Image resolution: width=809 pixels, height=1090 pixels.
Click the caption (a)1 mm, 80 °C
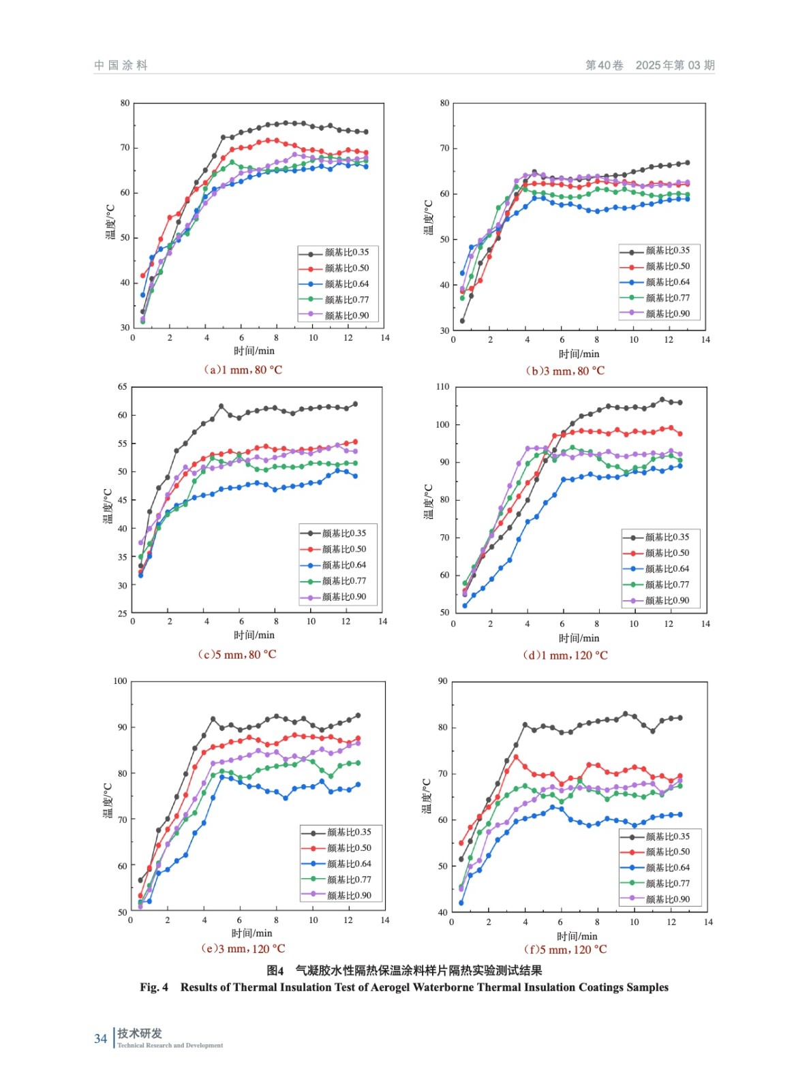click(x=243, y=370)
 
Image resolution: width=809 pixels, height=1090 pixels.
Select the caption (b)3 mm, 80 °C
click(x=565, y=371)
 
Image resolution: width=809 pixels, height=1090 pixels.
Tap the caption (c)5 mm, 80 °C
click(x=237, y=654)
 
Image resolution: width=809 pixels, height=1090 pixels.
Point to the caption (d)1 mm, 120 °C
click(x=565, y=655)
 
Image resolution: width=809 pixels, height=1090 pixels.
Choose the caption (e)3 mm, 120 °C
click(x=243, y=948)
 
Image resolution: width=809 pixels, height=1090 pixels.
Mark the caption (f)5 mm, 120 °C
click(x=565, y=949)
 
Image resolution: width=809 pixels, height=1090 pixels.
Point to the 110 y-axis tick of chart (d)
click(x=443, y=386)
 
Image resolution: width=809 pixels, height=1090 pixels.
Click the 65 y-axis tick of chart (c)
click(x=123, y=386)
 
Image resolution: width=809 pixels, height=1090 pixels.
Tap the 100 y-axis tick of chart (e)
click(x=121, y=681)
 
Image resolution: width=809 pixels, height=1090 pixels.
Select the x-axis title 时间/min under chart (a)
click(x=254, y=351)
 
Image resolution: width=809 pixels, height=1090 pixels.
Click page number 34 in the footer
click(x=100, y=1038)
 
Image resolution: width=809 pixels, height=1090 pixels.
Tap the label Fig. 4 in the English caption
click(x=154, y=987)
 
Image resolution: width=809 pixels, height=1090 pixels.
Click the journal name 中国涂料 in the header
click(x=121, y=65)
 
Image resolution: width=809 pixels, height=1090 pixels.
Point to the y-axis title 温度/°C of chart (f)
click(x=427, y=796)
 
